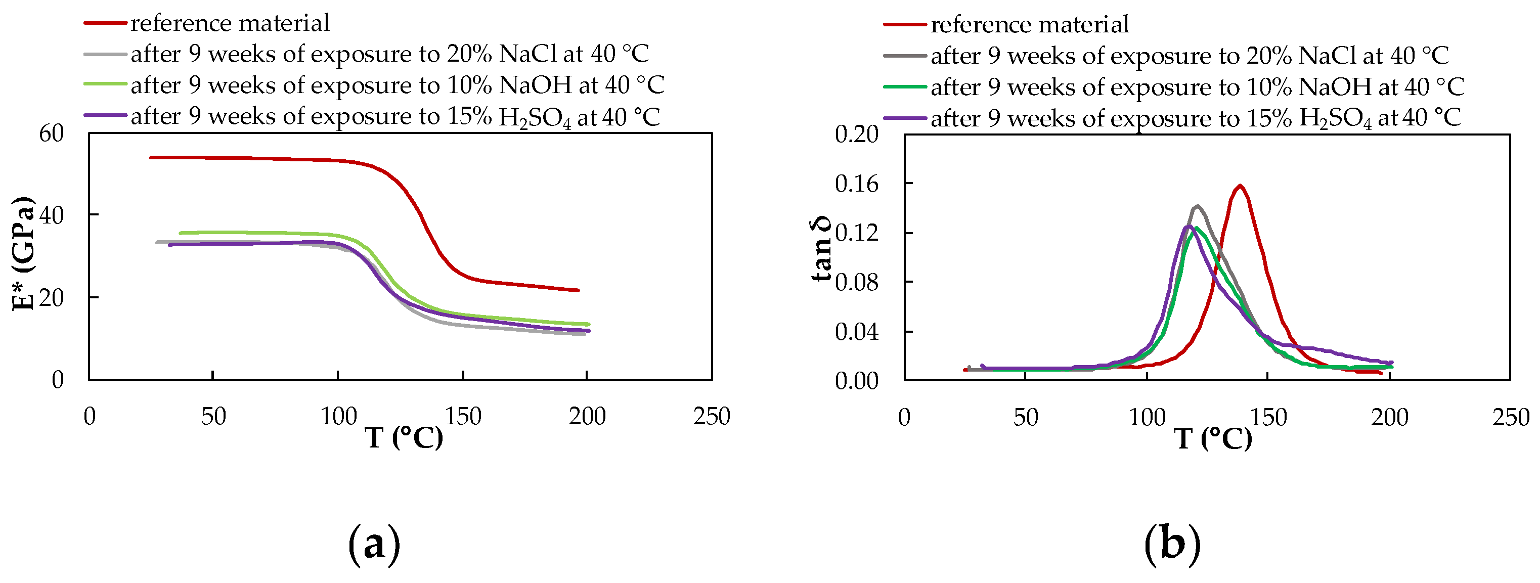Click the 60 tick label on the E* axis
52,133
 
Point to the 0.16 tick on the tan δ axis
857,184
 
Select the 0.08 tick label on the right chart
857,282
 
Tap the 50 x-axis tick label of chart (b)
1025,417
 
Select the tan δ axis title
821,249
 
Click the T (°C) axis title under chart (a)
404,438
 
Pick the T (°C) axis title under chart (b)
1213,438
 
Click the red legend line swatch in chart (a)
105,23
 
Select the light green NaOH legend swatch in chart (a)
105,84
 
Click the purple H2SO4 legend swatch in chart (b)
905,118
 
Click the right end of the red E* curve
578,291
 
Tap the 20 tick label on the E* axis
52,298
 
